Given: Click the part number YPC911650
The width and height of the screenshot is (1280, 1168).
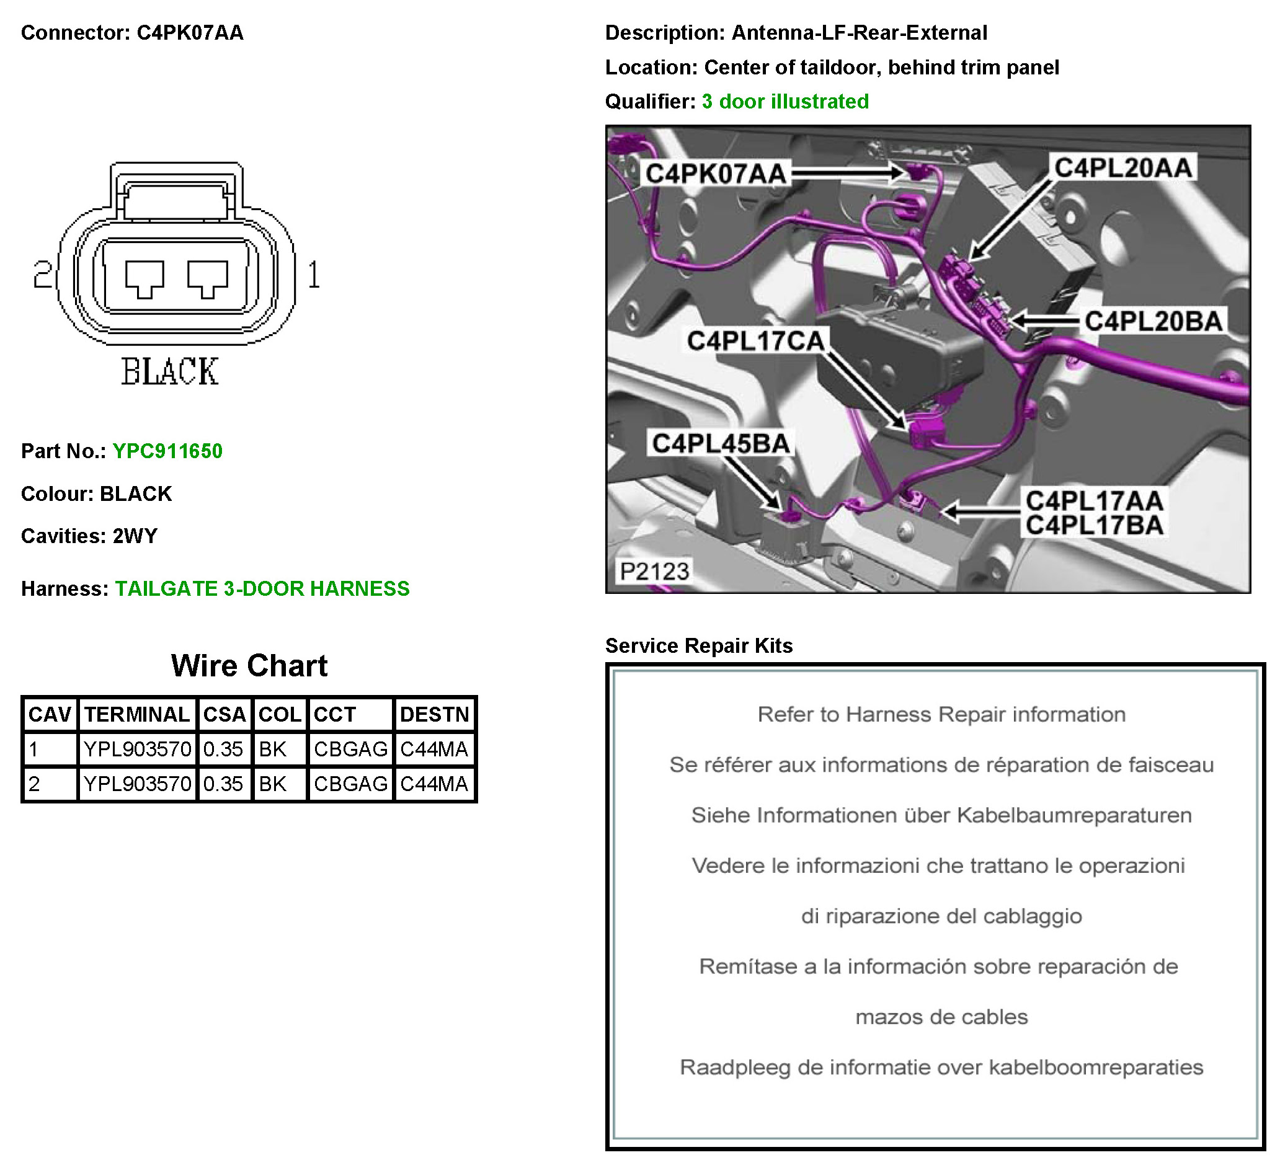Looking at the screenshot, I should click(167, 451).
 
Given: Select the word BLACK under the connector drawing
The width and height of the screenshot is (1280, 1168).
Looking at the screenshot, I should click(169, 372).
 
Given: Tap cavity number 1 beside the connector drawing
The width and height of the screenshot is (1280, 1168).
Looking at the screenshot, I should click(314, 275).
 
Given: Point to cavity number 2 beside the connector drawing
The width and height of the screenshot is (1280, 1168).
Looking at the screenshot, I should click(43, 275).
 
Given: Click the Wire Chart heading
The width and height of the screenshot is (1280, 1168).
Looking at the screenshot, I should click(249, 666).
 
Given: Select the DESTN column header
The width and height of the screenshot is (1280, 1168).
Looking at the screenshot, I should click(434, 715).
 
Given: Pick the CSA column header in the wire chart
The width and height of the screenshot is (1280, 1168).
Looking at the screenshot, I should click(224, 715).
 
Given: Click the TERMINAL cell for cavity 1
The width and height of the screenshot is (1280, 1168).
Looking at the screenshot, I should click(137, 750).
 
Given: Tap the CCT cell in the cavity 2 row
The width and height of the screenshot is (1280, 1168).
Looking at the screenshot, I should click(350, 784).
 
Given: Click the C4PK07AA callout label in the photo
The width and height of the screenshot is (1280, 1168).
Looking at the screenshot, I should click(716, 174).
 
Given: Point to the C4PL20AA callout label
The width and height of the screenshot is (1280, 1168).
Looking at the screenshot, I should click(1123, 168).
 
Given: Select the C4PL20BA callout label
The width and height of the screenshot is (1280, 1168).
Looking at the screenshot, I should click(1153, 321).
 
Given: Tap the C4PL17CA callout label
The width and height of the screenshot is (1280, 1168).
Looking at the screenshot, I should click(755, 341).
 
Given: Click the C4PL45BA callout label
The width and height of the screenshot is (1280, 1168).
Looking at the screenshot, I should click(721, 444).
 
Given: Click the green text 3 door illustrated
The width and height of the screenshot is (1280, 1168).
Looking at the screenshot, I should click(784, 102).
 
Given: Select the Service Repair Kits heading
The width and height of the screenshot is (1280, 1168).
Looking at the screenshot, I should click(698, 645).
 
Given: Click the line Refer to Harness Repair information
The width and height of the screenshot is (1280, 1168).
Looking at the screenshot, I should click(941, 715).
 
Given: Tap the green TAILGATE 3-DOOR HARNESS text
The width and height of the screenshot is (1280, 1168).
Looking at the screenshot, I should click(262, 589).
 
